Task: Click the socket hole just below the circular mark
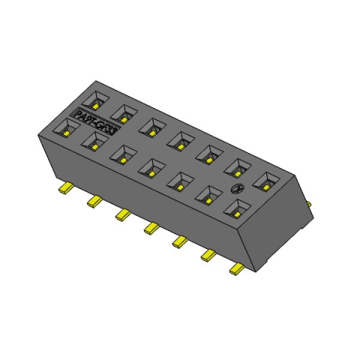(237, 208)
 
